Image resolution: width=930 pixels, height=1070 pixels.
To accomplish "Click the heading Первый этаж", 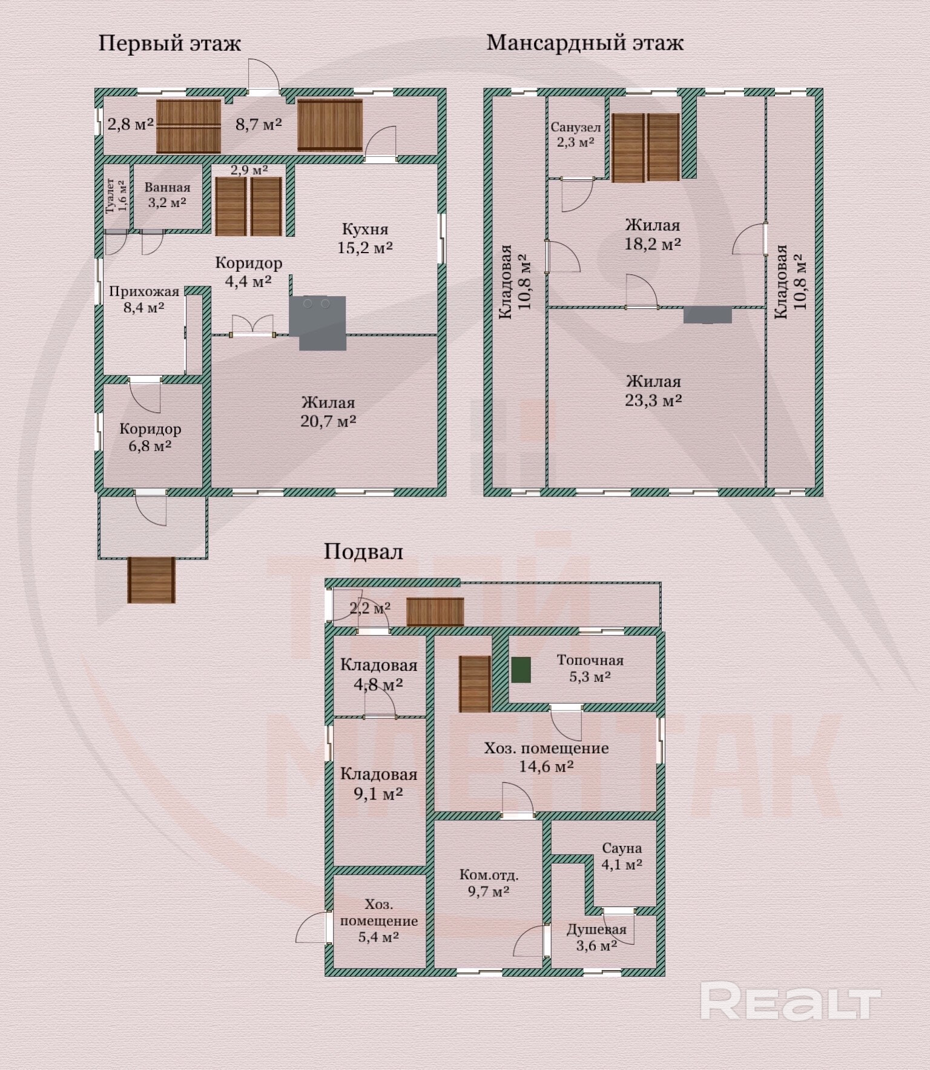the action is (170, 44).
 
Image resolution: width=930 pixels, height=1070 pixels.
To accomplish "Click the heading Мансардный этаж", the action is (585, 43).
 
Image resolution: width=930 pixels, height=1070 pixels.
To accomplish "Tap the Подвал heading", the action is (363, 552).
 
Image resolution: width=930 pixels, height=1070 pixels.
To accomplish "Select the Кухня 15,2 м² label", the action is (365, 239).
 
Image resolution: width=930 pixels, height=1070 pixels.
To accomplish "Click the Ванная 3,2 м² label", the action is (167, 195).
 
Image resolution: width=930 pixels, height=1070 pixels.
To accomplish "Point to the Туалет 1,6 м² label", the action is (116, 196).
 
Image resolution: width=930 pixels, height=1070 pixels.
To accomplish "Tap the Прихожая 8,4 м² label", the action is (144, 299).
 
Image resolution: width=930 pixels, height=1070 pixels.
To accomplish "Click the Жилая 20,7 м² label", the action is (328, 412).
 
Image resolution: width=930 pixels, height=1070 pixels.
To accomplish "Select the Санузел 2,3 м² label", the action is (576, 134).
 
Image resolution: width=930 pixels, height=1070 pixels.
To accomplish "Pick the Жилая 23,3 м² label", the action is (653, 391).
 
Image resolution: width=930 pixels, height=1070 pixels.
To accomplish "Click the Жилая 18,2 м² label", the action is (653, 235).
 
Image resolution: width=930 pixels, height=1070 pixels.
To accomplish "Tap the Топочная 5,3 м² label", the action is (590, 669).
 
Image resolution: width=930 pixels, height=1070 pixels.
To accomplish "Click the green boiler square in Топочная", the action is (521, 670).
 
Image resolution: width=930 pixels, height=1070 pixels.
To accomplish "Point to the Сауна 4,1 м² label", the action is (622, 856).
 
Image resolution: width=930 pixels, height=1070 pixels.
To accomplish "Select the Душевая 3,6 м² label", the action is (596, 937).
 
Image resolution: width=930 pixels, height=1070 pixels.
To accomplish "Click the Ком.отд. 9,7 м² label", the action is (489, 883).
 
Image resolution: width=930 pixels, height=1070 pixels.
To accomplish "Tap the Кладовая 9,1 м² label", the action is (378, 784).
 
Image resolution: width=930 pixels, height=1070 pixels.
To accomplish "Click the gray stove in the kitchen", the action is (318, 322).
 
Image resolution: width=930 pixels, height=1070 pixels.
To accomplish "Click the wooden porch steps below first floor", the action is (151, 580).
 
